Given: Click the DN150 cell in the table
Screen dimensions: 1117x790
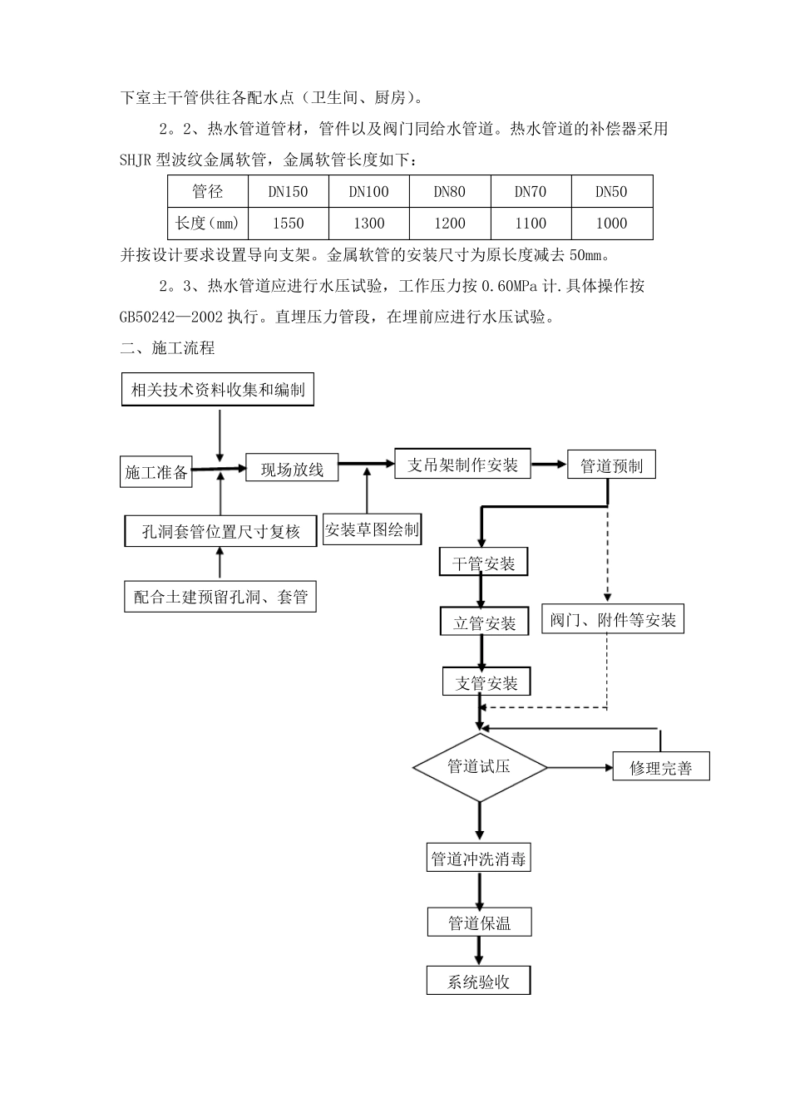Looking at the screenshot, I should pos(288,192).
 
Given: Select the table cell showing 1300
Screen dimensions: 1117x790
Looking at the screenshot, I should pos(368,223).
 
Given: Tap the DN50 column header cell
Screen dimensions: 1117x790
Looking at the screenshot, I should pos(611,192).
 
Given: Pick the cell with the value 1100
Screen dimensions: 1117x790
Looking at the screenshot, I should pos(531,223).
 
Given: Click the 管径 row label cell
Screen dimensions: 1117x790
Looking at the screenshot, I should pos(208,192).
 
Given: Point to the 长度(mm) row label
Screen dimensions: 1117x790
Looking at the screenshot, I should pos(208,223).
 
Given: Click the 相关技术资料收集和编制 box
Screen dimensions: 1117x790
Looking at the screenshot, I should pos(218,390).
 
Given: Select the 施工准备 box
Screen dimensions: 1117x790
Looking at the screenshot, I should pos(156,472).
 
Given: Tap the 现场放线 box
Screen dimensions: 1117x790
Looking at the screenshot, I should pos(292,470).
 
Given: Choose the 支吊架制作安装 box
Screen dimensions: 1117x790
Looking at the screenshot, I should pos(462,465).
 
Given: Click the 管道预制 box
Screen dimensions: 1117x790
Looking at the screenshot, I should pos(611,466).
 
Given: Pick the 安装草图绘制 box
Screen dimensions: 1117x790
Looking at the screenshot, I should pos(372,529).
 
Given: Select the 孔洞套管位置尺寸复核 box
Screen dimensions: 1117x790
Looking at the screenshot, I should pos(220,532).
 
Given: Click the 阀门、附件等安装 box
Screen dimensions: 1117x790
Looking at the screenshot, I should pos(613,620).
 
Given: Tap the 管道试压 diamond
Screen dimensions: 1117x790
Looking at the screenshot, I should pos(480,766).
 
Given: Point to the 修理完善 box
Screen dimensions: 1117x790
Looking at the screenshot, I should pos(660,767).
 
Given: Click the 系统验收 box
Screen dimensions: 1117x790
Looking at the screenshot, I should pos(478,982).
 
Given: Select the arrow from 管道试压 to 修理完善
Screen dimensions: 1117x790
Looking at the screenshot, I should pos(580,767).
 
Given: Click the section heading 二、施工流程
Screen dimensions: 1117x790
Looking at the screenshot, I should pos(167,348).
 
